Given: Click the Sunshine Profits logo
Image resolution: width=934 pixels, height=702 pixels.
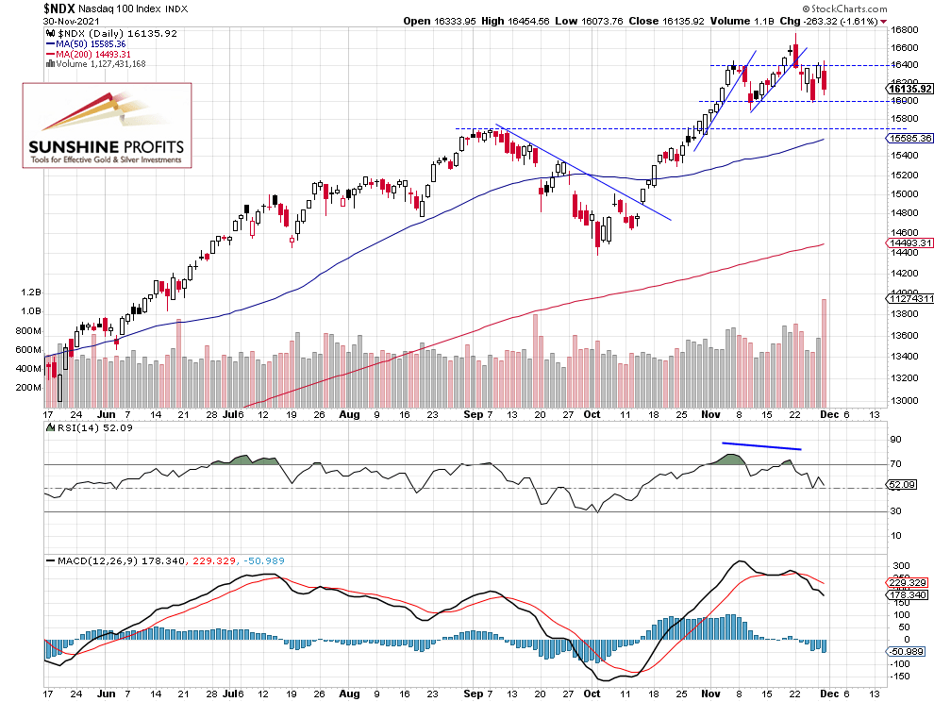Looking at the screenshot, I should click(107, 125).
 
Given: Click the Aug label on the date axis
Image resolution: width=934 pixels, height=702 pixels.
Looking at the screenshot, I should click(349, 413).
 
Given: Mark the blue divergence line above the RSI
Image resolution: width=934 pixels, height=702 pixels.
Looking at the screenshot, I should click(761, 445).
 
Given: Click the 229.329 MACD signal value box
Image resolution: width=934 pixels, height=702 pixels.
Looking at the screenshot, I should click(909, 583).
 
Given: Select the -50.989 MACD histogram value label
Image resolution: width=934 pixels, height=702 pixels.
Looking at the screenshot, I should click(909, 651).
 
